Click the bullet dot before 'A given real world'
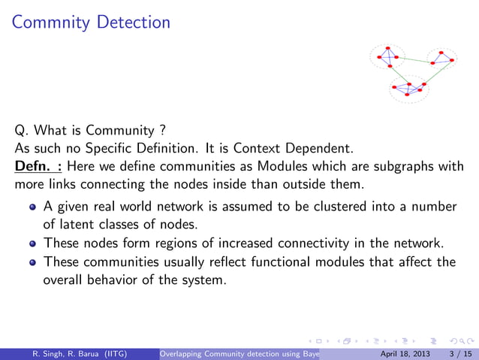coord(32,207)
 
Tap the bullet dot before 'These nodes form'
coord(32,243)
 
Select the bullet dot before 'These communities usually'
coord(32,262)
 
